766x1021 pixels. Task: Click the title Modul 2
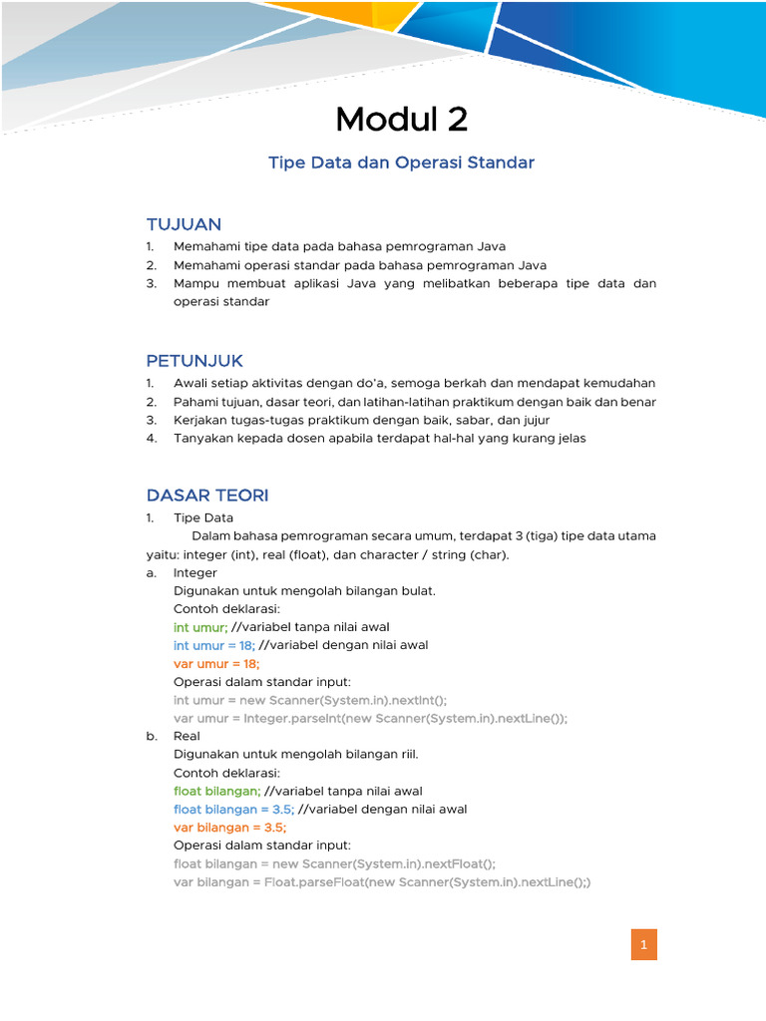(401, 120)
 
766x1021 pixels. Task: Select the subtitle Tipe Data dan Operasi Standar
(401, 163)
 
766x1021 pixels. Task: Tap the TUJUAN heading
(184, 224)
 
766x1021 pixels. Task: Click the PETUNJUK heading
(194, 360)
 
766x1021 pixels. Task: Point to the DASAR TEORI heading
(207, 496)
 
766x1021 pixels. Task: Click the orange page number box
(644, 944)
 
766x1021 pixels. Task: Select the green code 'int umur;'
(200, 627)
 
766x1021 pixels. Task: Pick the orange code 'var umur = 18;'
(216, 663)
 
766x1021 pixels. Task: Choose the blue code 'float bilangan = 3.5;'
(233, 809)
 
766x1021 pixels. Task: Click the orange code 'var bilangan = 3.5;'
(230, 828)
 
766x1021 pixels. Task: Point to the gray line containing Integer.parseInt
(370, 718)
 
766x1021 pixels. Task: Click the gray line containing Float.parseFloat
(382, 882)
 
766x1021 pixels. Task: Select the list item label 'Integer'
(194, 573)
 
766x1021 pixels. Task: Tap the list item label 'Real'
(187, 736)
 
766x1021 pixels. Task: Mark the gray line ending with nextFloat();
(334, 863)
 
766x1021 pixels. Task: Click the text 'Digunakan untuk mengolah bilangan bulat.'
(304, 590)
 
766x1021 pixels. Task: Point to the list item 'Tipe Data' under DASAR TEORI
(203, 517)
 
